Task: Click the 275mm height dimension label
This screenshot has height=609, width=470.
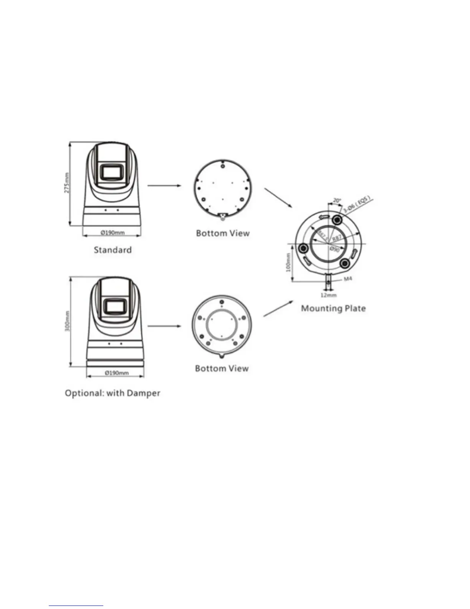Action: tap(67, 183)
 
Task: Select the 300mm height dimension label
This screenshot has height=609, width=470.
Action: tap(68, 321)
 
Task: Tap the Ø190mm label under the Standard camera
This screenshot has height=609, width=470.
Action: tap(113, 232)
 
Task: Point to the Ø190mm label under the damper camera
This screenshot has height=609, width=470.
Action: tap(116, 373)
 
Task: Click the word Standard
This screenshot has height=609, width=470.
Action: tap(113, 250)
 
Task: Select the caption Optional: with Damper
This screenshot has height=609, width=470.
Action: tap(113, 393)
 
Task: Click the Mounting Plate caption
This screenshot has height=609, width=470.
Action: tap(333, 308)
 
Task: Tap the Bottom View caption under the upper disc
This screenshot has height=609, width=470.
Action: tap(223, 233)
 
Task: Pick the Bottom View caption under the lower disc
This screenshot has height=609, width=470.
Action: tap(222, 368)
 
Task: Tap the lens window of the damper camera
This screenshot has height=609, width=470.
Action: tap(116, 307)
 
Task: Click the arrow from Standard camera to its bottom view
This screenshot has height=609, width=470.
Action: tap(164, 185)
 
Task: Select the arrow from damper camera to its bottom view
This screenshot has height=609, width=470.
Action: tap(164, 326)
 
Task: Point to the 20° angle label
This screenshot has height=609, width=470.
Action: tap(337, 200)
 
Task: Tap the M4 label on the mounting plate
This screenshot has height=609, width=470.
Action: tap(348, 279)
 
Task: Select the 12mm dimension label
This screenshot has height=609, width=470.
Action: tap(328, 295)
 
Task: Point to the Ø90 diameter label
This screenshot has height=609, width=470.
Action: tap(334, 249)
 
